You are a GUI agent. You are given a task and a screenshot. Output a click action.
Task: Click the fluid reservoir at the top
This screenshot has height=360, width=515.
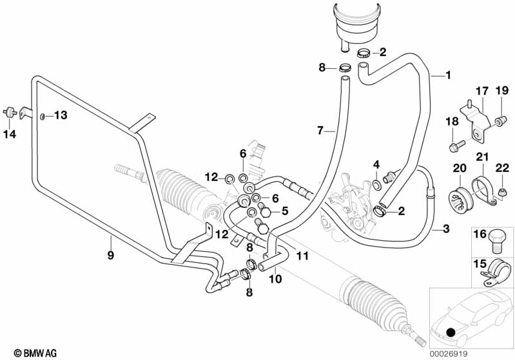click(356, 24)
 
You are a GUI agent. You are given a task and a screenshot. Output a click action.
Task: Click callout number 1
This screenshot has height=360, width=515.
click(448, 75)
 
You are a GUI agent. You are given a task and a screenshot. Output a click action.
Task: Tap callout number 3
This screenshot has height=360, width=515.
click(445, 229)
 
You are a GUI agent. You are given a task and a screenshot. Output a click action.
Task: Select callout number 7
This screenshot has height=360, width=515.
click(320, 131)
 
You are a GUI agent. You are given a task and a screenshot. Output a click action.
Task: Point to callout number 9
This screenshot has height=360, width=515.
click(111, 255)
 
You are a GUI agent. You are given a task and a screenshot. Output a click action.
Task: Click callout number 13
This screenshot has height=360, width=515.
click(61, 115)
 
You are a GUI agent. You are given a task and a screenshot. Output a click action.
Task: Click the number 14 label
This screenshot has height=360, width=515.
click(10, 134)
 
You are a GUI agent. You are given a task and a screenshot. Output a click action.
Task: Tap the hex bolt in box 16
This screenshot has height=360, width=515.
click(496, 242)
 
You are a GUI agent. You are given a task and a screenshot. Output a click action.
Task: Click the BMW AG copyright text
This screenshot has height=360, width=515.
click(35, 353)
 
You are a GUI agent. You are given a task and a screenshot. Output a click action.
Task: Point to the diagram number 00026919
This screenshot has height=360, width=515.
click(449, 354)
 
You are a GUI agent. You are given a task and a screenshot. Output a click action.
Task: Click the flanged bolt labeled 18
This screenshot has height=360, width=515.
click(457, 146)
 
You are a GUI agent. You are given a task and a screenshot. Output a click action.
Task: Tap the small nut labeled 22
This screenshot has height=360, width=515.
click(501, 193)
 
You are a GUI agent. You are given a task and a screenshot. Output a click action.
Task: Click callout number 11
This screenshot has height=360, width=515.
click(302, 256)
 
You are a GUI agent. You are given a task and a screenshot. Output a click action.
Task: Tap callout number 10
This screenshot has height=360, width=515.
click(275, 279)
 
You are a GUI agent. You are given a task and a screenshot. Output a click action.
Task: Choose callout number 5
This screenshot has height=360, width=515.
click(284, 211)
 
